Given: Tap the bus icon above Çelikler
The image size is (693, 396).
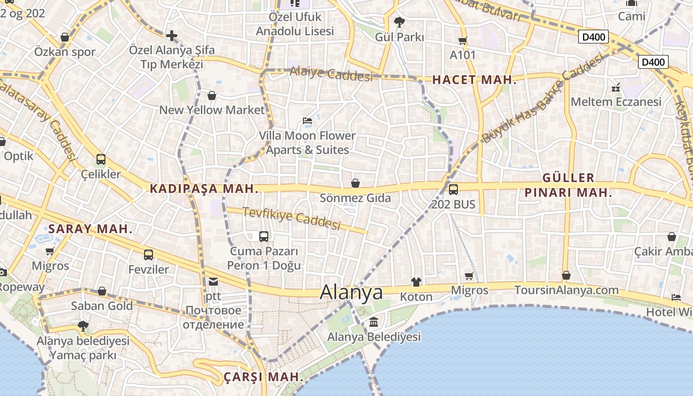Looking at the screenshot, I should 101,159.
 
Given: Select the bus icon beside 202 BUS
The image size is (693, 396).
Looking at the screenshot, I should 453,189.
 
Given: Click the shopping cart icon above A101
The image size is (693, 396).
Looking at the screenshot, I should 463,41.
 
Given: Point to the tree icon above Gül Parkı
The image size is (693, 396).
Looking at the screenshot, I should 399,22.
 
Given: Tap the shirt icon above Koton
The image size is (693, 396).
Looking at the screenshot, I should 416,282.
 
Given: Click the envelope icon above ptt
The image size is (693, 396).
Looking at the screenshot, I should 213,282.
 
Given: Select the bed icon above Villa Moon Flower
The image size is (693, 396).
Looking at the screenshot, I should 307,121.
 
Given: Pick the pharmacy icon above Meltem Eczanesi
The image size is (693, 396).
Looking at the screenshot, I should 616,88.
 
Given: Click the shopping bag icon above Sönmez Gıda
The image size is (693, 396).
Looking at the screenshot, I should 355,184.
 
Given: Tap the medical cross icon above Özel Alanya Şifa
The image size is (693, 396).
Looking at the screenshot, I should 172,36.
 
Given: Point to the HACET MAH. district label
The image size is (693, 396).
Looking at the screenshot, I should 474,80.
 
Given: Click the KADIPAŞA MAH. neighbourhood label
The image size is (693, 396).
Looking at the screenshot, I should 204,189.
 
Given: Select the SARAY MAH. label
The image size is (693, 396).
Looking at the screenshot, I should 91,229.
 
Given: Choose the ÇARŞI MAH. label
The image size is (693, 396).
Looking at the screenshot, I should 263,377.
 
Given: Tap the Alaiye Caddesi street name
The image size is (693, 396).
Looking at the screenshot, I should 331,74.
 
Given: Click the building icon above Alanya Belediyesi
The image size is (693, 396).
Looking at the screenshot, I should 374,322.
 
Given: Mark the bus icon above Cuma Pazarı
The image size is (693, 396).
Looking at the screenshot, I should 264,237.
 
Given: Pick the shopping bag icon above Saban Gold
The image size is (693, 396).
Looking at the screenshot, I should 102,291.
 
